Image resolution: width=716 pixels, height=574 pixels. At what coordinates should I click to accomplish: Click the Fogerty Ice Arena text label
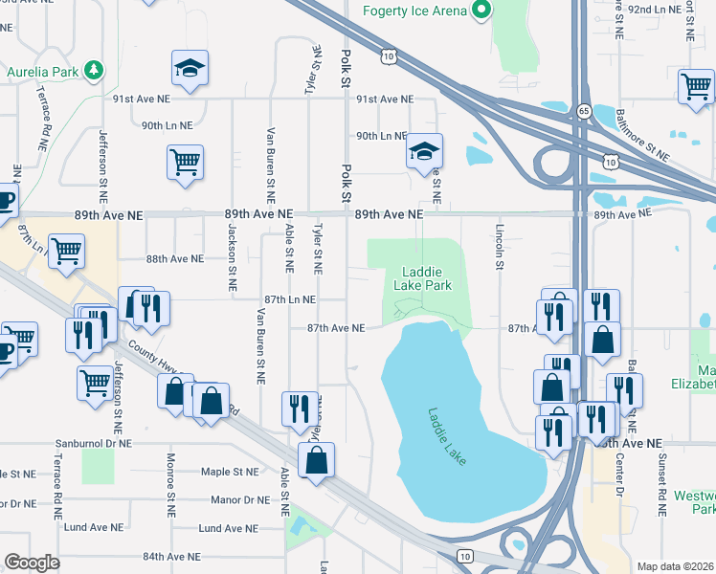(416, 11)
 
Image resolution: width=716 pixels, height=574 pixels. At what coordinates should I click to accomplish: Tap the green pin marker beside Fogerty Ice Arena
(481, 11)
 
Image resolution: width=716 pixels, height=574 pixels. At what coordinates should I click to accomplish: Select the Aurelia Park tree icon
(93, 70)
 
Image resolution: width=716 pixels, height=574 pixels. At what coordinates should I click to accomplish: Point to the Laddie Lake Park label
(422, 277)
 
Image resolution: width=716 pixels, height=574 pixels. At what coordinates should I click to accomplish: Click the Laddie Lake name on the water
(447, 437)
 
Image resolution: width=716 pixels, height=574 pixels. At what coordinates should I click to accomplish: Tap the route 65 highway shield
(583, 112)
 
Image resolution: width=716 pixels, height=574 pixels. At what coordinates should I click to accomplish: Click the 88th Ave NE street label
(174, 259)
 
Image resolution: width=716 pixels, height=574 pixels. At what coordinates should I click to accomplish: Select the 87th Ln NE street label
(290, 299)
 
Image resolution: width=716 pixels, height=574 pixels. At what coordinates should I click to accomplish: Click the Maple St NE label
(229, 472)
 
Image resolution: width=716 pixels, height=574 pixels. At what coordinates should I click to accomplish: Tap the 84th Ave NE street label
(171, 556)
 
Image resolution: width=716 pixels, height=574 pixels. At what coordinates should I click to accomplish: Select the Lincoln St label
(499, 247)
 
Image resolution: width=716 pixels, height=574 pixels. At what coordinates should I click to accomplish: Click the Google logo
(32, 563)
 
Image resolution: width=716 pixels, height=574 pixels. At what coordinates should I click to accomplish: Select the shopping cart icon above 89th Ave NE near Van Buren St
(185, 162)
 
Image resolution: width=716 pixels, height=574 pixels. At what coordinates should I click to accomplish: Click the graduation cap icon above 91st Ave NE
(190, 68)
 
